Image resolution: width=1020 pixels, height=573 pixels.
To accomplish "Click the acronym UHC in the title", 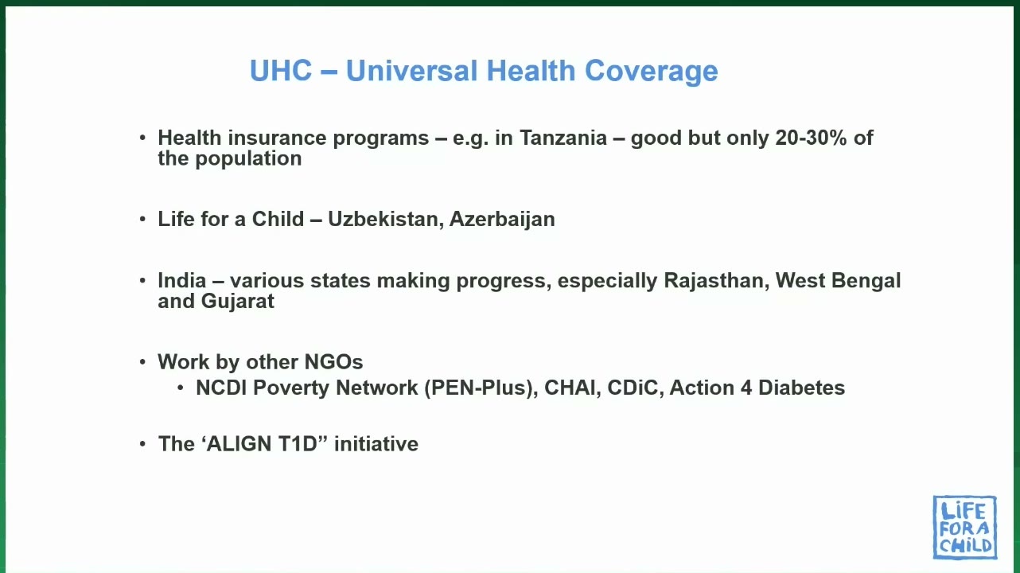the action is (281, 71).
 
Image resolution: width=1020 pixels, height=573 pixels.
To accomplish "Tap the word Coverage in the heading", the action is (651, 72).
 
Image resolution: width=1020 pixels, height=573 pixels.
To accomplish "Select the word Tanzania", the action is (563, 138).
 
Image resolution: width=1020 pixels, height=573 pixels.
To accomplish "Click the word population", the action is (248, 159).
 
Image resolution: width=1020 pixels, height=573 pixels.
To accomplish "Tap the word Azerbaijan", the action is (502, 220).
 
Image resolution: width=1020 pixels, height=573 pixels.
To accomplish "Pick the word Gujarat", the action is (238, 302).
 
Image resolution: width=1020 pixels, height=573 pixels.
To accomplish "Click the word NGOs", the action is (334, 362).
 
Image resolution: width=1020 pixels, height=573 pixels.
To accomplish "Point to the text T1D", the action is (298, 444).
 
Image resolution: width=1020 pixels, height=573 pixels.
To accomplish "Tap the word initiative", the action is (376, 444).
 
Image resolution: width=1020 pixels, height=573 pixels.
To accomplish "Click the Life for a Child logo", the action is (964, 527).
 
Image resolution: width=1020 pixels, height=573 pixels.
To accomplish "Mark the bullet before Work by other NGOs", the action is (142, 362).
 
